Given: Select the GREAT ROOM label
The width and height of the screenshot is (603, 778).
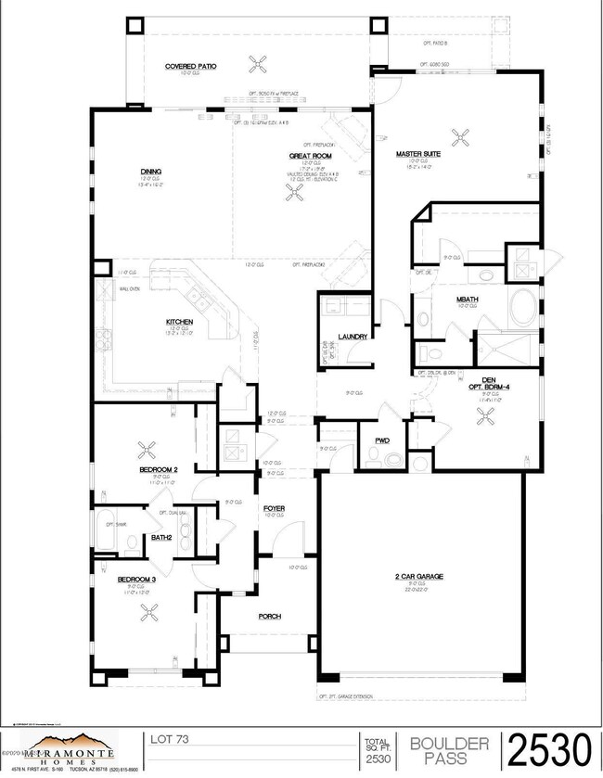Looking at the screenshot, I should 303,156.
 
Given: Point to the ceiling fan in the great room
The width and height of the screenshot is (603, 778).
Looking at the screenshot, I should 297,192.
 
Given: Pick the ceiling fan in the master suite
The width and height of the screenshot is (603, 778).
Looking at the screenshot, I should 459,138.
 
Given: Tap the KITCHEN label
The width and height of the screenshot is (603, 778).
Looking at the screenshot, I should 179,322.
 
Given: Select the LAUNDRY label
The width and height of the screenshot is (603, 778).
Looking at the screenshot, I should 353,337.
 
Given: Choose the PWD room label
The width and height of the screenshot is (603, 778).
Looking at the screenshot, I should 381,440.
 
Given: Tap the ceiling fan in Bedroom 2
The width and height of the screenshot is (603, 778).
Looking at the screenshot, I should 147,450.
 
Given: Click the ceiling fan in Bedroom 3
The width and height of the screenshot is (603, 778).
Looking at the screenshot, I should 148,610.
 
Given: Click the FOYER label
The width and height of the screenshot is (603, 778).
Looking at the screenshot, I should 274,507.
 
